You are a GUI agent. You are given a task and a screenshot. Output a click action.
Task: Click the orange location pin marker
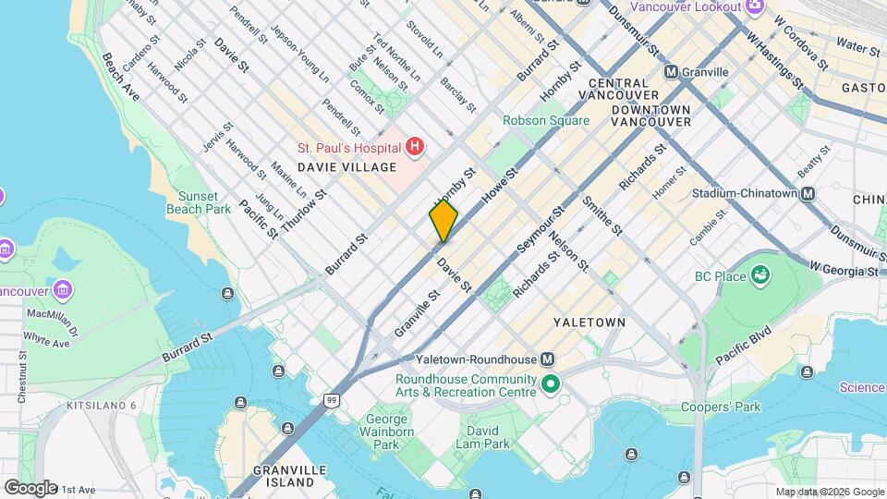[443, 221]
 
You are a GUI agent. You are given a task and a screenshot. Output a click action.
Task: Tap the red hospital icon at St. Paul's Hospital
[415, 147]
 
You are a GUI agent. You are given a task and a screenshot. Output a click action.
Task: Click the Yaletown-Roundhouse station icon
[548, 359]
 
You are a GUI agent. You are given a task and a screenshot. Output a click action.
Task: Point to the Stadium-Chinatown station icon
[808, 194]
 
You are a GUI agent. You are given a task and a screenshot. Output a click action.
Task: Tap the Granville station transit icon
[671, 72]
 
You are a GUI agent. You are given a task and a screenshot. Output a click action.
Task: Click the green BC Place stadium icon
[759, 274]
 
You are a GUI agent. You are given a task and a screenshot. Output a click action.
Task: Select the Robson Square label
[545, 121]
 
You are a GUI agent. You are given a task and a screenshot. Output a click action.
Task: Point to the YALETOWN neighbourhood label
[589, 323]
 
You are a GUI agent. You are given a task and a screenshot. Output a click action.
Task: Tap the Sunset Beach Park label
[199, 202]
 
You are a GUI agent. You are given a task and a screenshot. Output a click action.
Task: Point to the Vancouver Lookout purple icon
[755, 6]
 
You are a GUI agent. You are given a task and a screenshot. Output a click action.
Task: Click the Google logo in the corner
[30, 487]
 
